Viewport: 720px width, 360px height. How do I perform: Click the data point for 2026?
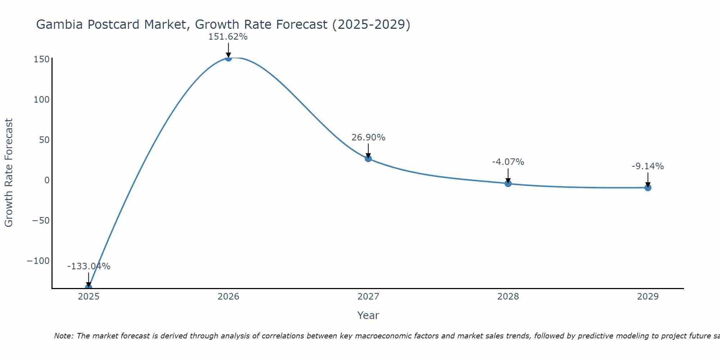228,58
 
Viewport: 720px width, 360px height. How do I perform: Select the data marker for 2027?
368,158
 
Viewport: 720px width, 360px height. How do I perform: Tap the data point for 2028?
508,184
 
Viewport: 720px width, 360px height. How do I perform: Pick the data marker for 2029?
648,188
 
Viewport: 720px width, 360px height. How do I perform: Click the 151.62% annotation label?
228,37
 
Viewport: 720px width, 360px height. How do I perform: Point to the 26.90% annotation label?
368,138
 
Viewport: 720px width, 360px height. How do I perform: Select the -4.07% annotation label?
508,162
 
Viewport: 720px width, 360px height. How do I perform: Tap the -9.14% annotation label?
648,166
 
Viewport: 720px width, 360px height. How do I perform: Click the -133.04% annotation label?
89,266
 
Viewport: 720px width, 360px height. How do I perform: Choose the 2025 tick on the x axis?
89,297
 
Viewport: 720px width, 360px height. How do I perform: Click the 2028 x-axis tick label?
508,297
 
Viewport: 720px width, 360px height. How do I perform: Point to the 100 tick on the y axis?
41,100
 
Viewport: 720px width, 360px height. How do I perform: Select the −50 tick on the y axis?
40,220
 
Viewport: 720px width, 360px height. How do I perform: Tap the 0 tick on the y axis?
47,180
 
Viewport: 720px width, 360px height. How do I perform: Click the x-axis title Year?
368,315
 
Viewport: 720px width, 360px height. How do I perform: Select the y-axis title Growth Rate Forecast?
9,172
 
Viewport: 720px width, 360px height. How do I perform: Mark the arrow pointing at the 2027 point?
368,150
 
